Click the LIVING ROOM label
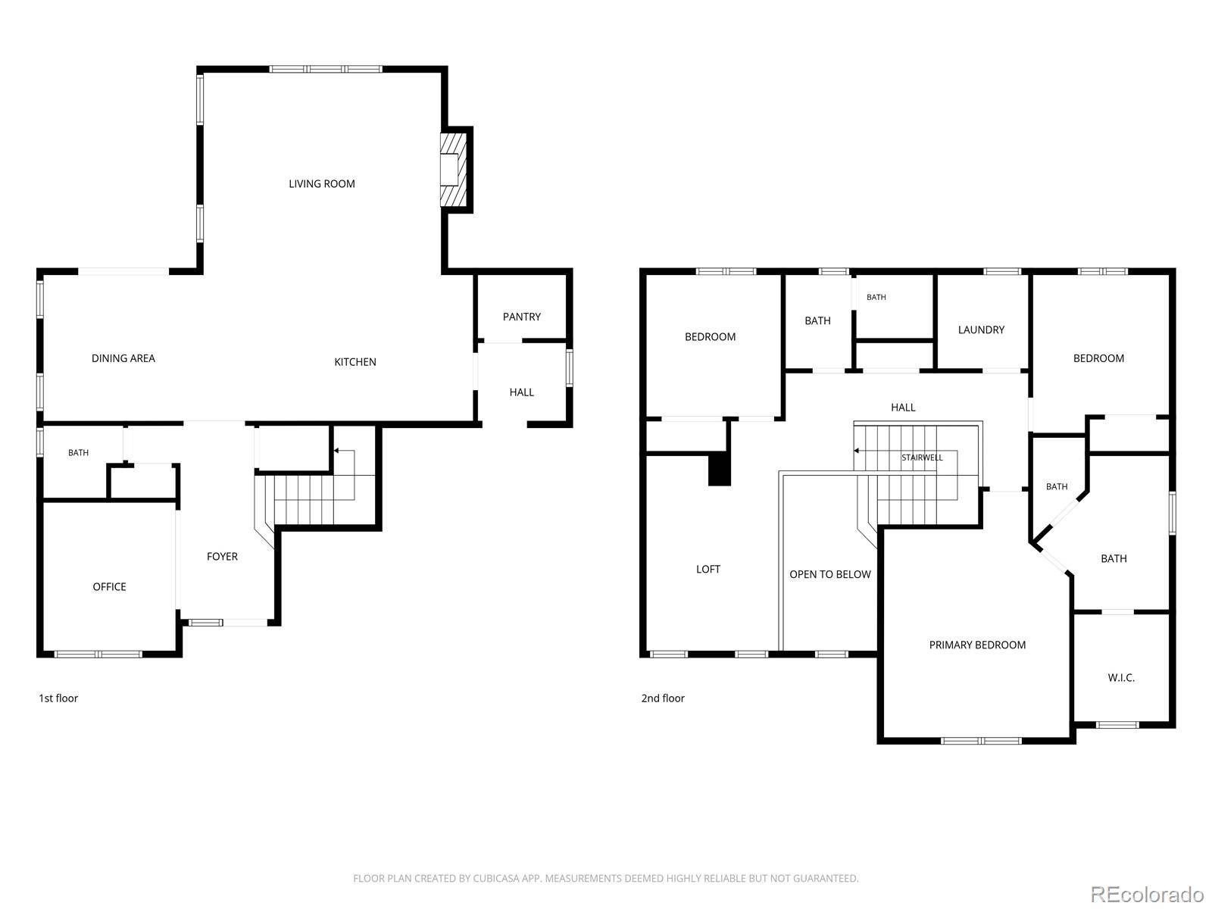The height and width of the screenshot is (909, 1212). (321, 184)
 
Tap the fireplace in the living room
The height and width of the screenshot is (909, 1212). (453, 169)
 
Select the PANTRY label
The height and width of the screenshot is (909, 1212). (521, 317)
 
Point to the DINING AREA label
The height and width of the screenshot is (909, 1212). (123, 358)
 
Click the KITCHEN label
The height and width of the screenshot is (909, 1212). (355, 362)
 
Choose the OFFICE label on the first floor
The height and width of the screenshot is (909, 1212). (109, 586)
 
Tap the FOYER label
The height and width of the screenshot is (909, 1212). (222, 556)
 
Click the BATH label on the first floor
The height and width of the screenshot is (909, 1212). (79, 452)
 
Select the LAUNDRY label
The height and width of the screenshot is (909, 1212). (981, 330)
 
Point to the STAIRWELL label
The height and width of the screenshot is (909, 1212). (922, 458)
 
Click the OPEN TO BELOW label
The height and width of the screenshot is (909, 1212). (830, 574)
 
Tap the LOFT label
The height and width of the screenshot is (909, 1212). (708, 569)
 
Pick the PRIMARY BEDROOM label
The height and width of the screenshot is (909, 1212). (976, 645)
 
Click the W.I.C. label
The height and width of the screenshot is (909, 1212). (1121, 677)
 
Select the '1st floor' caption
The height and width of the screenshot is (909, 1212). (58, 698)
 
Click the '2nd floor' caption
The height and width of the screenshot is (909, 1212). (663, 698)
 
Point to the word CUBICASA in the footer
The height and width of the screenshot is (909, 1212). (496, 878)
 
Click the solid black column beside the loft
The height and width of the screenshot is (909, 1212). (719, 469)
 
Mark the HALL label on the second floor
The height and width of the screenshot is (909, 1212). (903, 408)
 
